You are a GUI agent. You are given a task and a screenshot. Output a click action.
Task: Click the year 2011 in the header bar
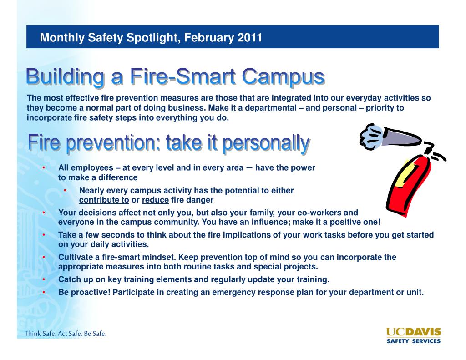(249, 37)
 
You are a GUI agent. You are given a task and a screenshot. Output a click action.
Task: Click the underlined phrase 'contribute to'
(104, 200)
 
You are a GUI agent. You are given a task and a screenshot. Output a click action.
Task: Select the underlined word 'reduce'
(155, 200)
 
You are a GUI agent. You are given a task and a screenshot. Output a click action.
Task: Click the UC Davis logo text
(413, 332)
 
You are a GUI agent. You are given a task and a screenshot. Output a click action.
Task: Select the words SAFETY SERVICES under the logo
(413, 340)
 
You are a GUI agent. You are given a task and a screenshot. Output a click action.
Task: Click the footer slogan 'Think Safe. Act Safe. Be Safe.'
(66, 334)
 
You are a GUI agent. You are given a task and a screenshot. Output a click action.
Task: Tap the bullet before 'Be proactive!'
(44, 293)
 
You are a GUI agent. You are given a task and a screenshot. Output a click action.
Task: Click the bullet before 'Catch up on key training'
(44, 279)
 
